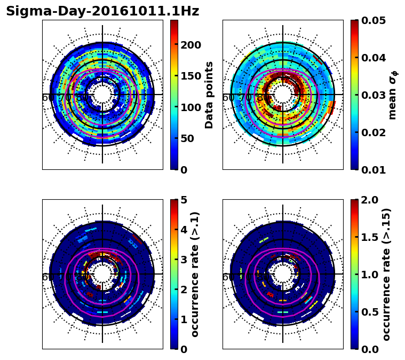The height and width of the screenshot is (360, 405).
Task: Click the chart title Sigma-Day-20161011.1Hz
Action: [x=102, y=11]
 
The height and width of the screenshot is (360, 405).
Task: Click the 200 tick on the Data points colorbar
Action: [x=191, y=45]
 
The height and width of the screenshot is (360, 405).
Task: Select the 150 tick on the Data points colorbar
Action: [x=191, y=76]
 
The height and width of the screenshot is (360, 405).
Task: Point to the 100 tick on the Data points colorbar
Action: [x=191, y=107]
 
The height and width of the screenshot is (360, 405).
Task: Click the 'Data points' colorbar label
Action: [x=209, y=95]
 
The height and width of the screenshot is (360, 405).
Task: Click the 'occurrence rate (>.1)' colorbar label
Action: [x=195, y=275]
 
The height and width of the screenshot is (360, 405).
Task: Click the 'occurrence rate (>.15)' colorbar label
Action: [x=386, y=275]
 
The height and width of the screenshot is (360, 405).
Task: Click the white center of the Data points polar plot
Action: [x=102, y=95]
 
